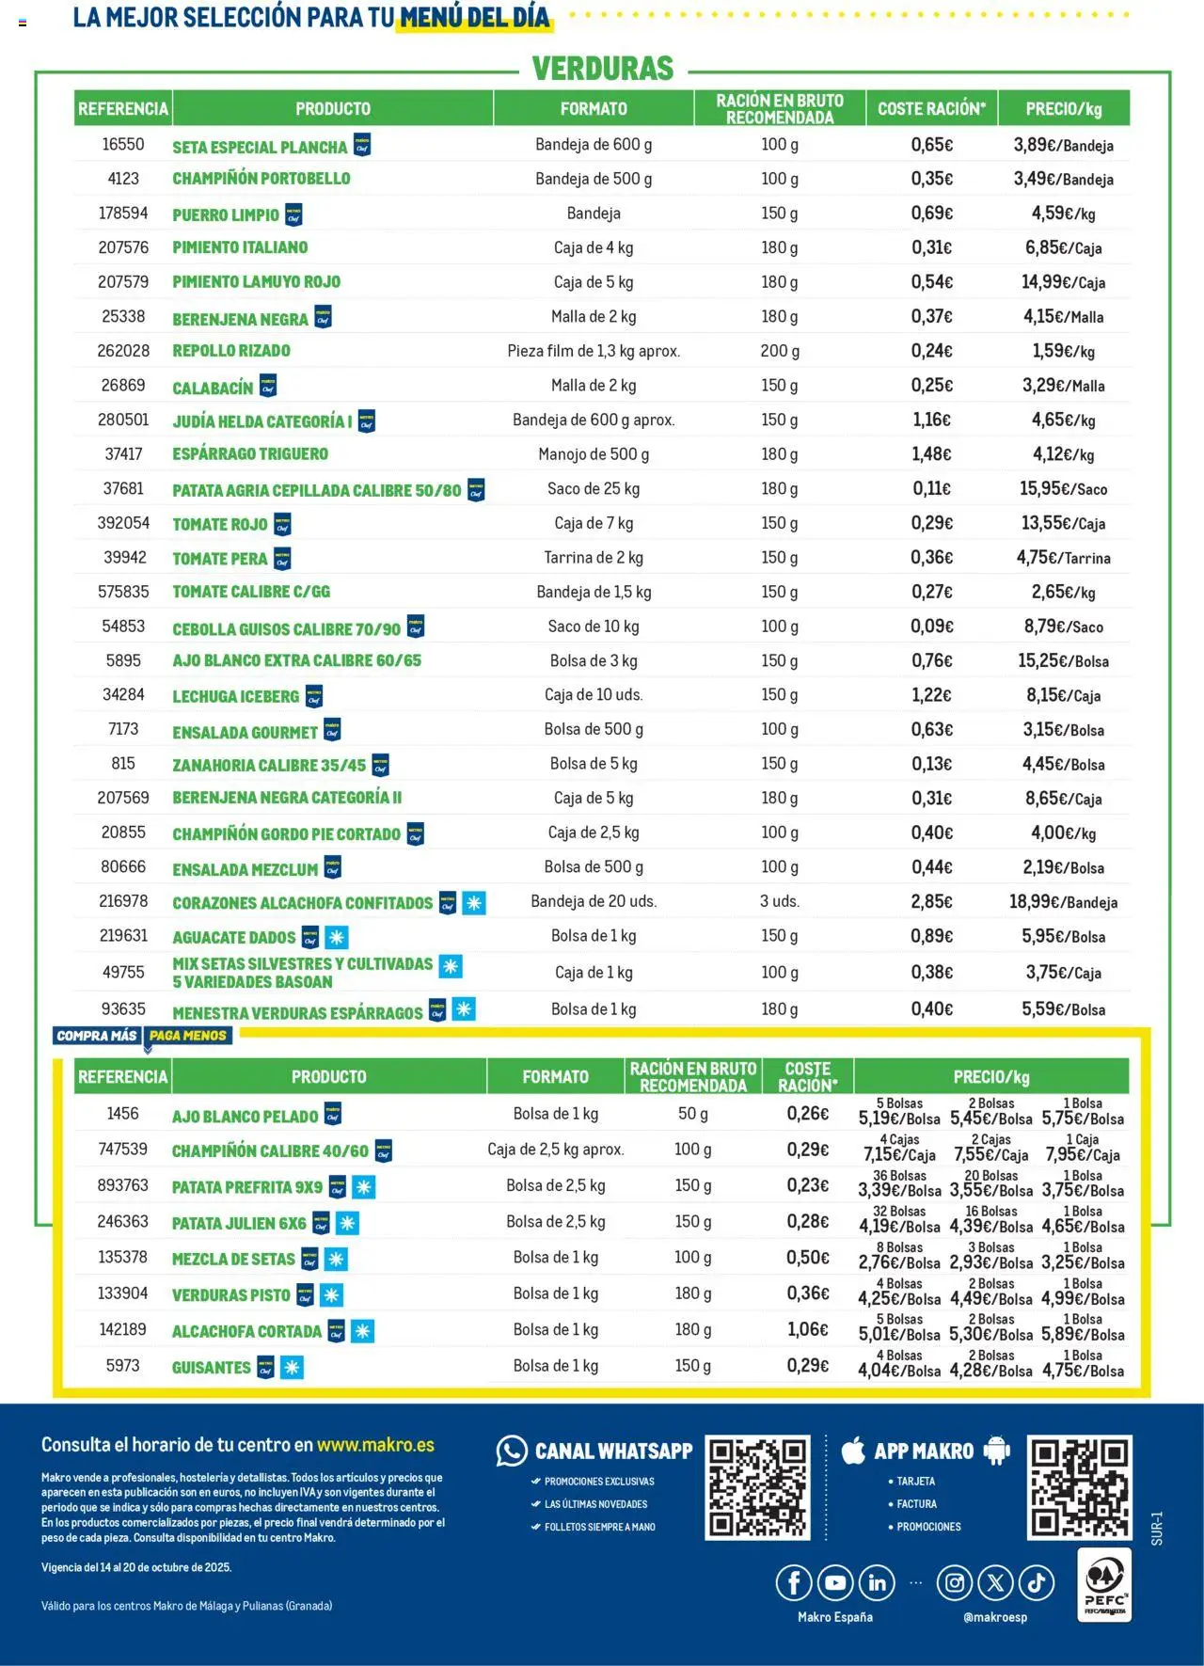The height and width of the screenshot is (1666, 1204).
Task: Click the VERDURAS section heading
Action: point(603,69)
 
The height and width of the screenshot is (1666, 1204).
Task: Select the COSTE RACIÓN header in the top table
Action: point(931,108)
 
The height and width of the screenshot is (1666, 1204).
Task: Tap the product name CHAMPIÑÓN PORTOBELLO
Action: point(261,179)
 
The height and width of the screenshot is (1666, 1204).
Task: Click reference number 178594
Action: point(123,214)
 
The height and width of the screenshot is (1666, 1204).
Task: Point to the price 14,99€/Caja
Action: point(1063,282)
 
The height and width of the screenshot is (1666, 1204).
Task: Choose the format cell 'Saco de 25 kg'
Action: point(594,489)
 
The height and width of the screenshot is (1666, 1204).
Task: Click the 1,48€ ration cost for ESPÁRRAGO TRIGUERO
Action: point(931,454)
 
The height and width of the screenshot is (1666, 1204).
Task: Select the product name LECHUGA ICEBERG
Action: point(235,696)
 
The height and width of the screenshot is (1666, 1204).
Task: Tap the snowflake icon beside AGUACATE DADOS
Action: point(337,937)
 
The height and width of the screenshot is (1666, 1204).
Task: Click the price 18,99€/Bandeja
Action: point(1063,902)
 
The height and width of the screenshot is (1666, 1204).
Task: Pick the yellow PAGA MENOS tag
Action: point(188,1036)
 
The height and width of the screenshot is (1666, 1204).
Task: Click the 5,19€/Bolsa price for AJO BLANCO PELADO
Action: point(899,1119)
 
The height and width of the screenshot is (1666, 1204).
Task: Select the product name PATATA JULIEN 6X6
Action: point(239,1223)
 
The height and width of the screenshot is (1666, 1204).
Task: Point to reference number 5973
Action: point(123,1365)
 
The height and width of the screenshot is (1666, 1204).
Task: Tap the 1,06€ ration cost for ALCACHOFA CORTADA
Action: point(808,1329)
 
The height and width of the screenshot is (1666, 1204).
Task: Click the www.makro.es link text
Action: point(375,1445)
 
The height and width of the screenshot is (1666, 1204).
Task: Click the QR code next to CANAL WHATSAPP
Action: point(757,1487)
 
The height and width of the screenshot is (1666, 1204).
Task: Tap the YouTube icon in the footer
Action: point(835,1583)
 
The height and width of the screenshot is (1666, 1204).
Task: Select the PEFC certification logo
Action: point(1104,1585)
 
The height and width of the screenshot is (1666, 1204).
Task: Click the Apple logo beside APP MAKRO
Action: point(853,1451)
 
